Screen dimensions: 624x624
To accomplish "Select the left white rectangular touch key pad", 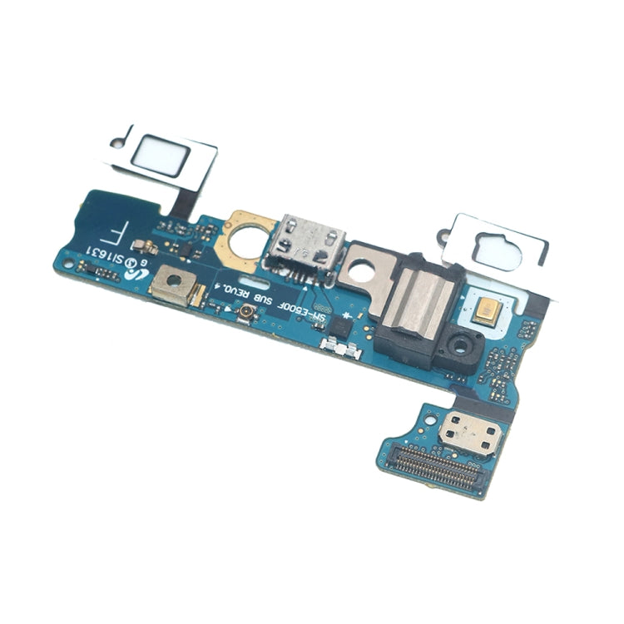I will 161,156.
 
